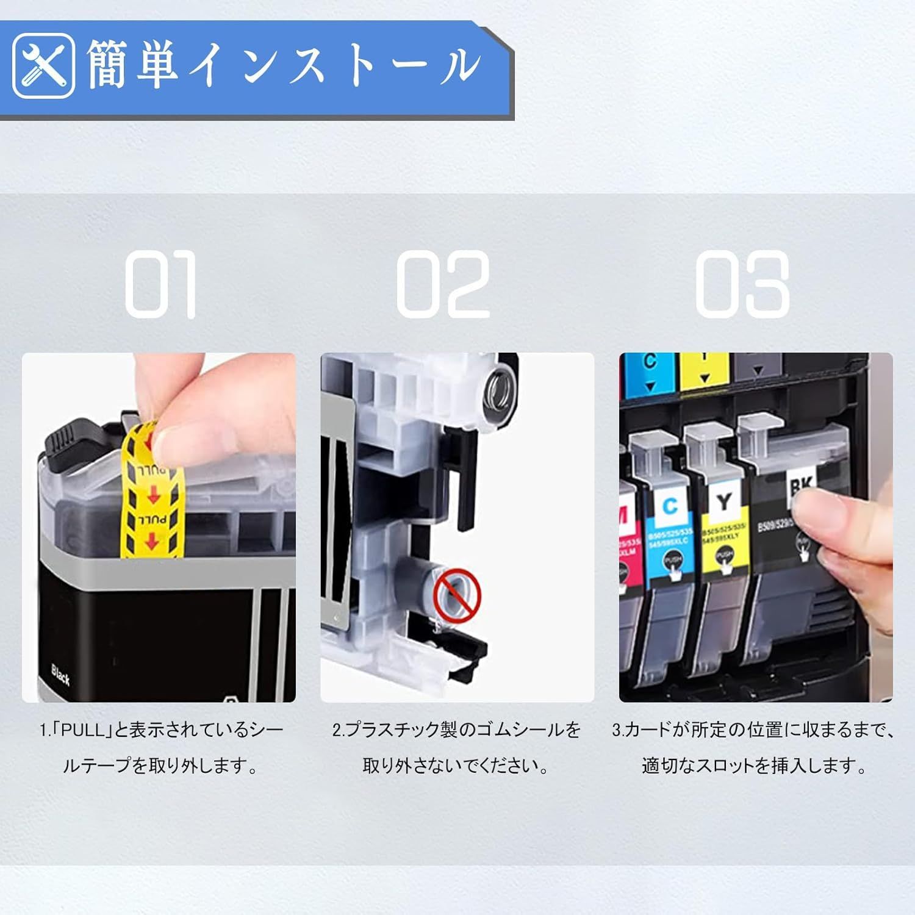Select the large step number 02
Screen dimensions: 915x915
coord(443,284)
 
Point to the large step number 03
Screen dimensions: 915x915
coord(742,284)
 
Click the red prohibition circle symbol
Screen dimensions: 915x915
coord(457,592)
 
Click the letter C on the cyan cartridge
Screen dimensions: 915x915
coord(670,505)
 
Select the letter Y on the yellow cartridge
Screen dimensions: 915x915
coord(723,501)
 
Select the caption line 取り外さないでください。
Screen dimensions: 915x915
coord(456,766)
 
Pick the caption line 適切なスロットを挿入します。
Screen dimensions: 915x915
coord(755,766)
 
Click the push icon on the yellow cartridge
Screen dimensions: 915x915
coord(724,559)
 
